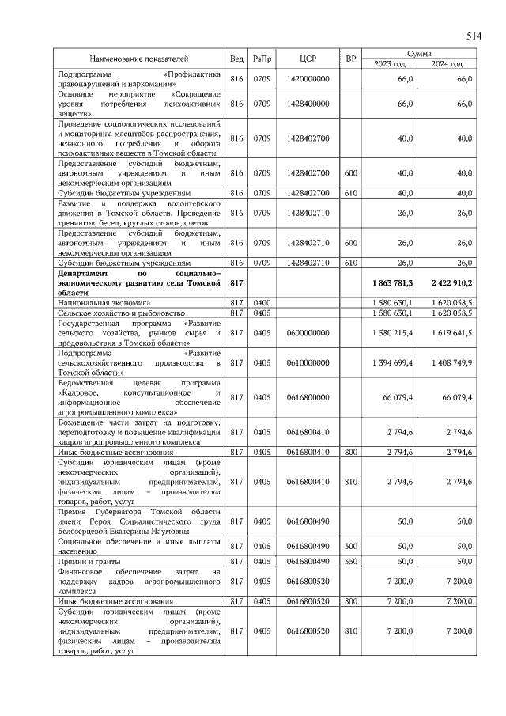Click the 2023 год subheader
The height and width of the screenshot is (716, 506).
tap(389, 63)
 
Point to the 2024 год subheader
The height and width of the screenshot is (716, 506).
tap(446, 63)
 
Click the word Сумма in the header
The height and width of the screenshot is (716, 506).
tap(418, 53)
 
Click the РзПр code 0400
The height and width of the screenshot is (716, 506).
tap(262, 302)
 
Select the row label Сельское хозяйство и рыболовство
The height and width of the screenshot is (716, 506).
tap(118, 313)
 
